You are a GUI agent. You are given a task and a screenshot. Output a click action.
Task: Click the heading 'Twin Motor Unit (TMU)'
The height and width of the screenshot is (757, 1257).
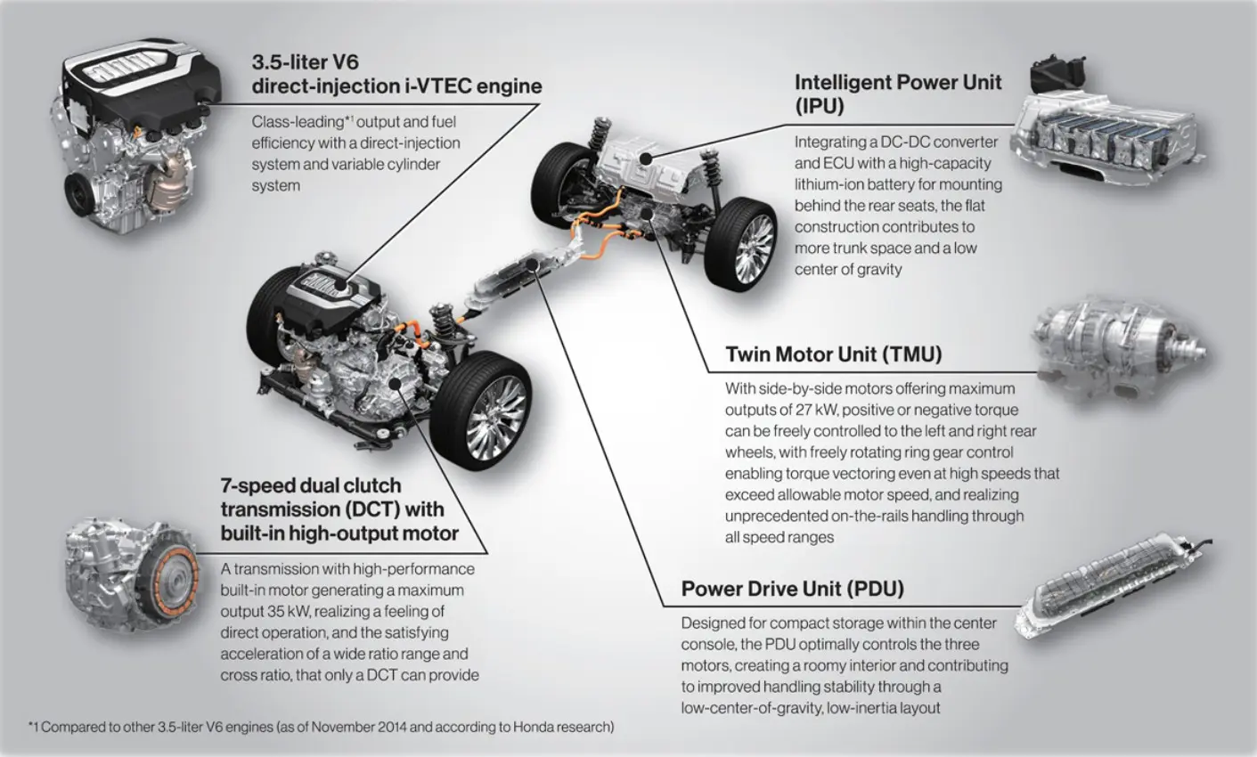pyautogui.click(x=833, y=354)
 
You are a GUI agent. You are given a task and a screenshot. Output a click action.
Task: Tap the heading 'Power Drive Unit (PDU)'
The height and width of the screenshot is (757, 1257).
pyautogui.click(x=792, y=589)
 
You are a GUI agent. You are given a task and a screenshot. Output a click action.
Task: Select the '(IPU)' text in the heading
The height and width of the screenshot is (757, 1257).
pyautogui.click(x=820, y=106)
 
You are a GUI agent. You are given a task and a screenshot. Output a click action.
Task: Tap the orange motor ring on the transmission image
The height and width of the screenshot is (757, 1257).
pyautogui.click(x=176, y=583)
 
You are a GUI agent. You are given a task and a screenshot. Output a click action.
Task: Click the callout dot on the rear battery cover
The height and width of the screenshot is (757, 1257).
pyautogui.click(x=646, y=159)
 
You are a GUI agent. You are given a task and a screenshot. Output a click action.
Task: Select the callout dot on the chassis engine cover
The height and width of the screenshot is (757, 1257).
pyautogui.click(x=340, y=285)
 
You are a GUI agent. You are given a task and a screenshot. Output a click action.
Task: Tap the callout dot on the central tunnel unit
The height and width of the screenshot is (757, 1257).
pyautogui.click(x=533, y=265)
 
